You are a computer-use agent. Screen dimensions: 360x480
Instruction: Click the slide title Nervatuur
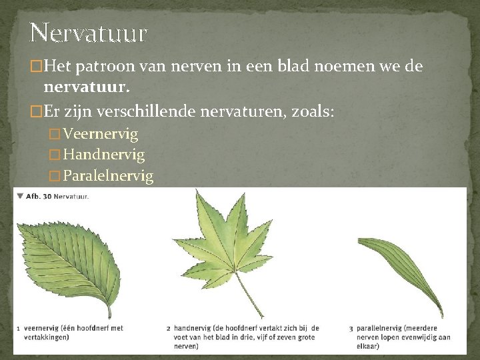[x=88, y=32]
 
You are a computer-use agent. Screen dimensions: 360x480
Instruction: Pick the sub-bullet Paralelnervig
[x=107, y=176]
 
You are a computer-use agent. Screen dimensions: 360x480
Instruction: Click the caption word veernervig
[x=42, y=328]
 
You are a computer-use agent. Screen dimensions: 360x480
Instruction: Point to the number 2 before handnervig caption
[x=169, y=328]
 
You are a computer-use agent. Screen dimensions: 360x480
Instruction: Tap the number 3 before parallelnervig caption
[x=351, y=328]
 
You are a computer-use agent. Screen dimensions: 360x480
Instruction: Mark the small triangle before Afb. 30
[x=20, y=196]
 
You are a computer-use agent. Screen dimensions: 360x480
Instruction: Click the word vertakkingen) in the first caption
[x=48, y=337]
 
